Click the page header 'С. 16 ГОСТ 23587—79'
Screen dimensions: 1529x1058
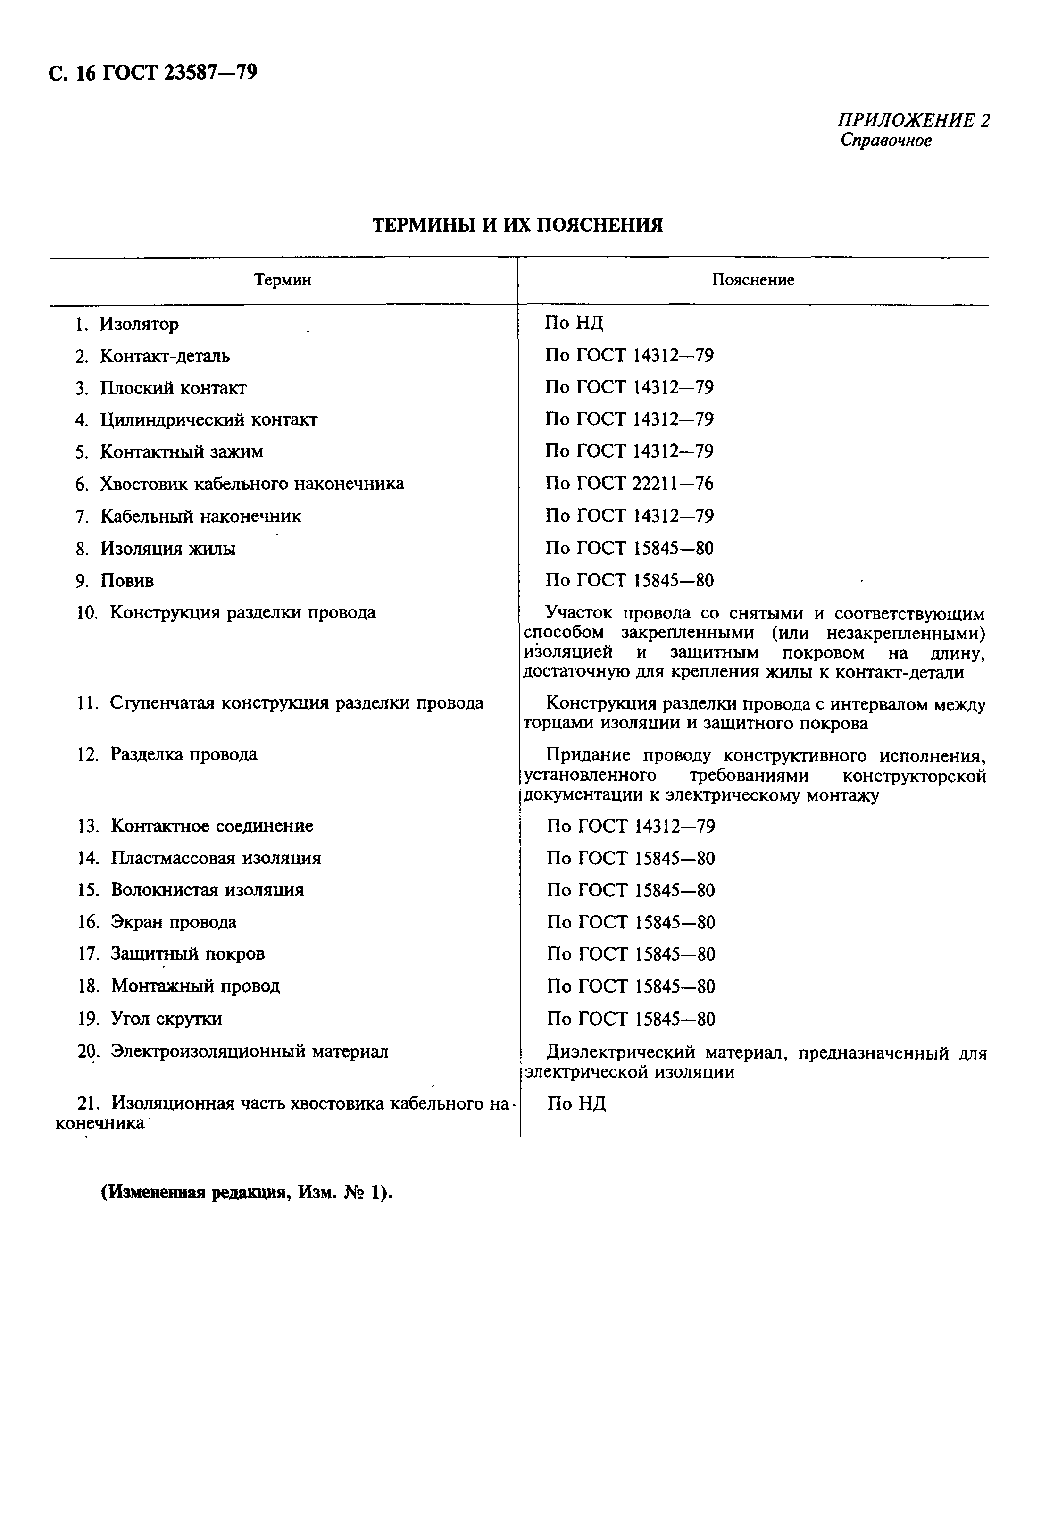pyautogui.click(x=152, y=72)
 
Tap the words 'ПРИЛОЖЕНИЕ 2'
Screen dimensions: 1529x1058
pyautogui.click(x=914, y=121)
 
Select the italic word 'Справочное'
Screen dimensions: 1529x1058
pyautogui.click(x=886, y=141)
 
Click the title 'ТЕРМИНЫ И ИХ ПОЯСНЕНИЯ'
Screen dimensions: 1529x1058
pyautogui.click(x=517, y=226)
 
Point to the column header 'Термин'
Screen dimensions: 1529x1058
pyautogui.click(x=283, y=281)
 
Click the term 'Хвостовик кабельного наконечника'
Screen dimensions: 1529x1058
pyautogui.click(x=251, y=484)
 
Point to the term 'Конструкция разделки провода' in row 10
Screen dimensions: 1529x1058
pyautogui.click(x=242, y=613)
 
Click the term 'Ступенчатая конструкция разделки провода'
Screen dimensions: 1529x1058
pyautogui.click(x=296, y=703)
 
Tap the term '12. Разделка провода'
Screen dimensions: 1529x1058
pyautogui.click(x=167, y=754)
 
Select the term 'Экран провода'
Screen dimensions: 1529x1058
pyautogui.click(x=173, y=922)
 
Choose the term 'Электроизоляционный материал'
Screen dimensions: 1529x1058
pyautogui.click(x=249, y=1052)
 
